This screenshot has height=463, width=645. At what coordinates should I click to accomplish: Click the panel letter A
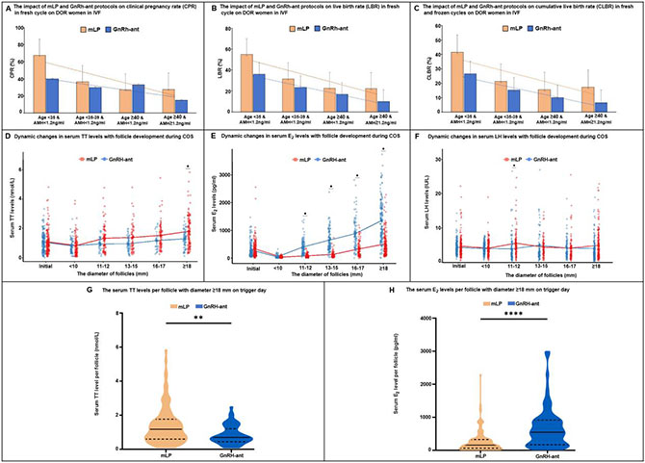click(5, 5)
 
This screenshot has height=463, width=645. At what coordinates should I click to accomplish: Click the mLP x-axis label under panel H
click(449, 454)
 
